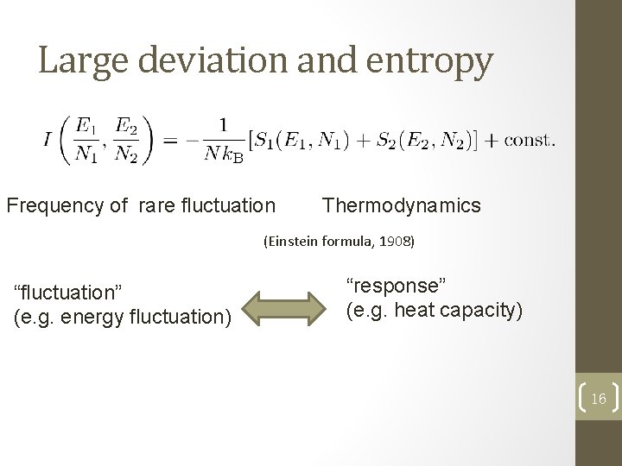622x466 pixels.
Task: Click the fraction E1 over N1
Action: (86, 139)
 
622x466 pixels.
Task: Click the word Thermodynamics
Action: (402, 205)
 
